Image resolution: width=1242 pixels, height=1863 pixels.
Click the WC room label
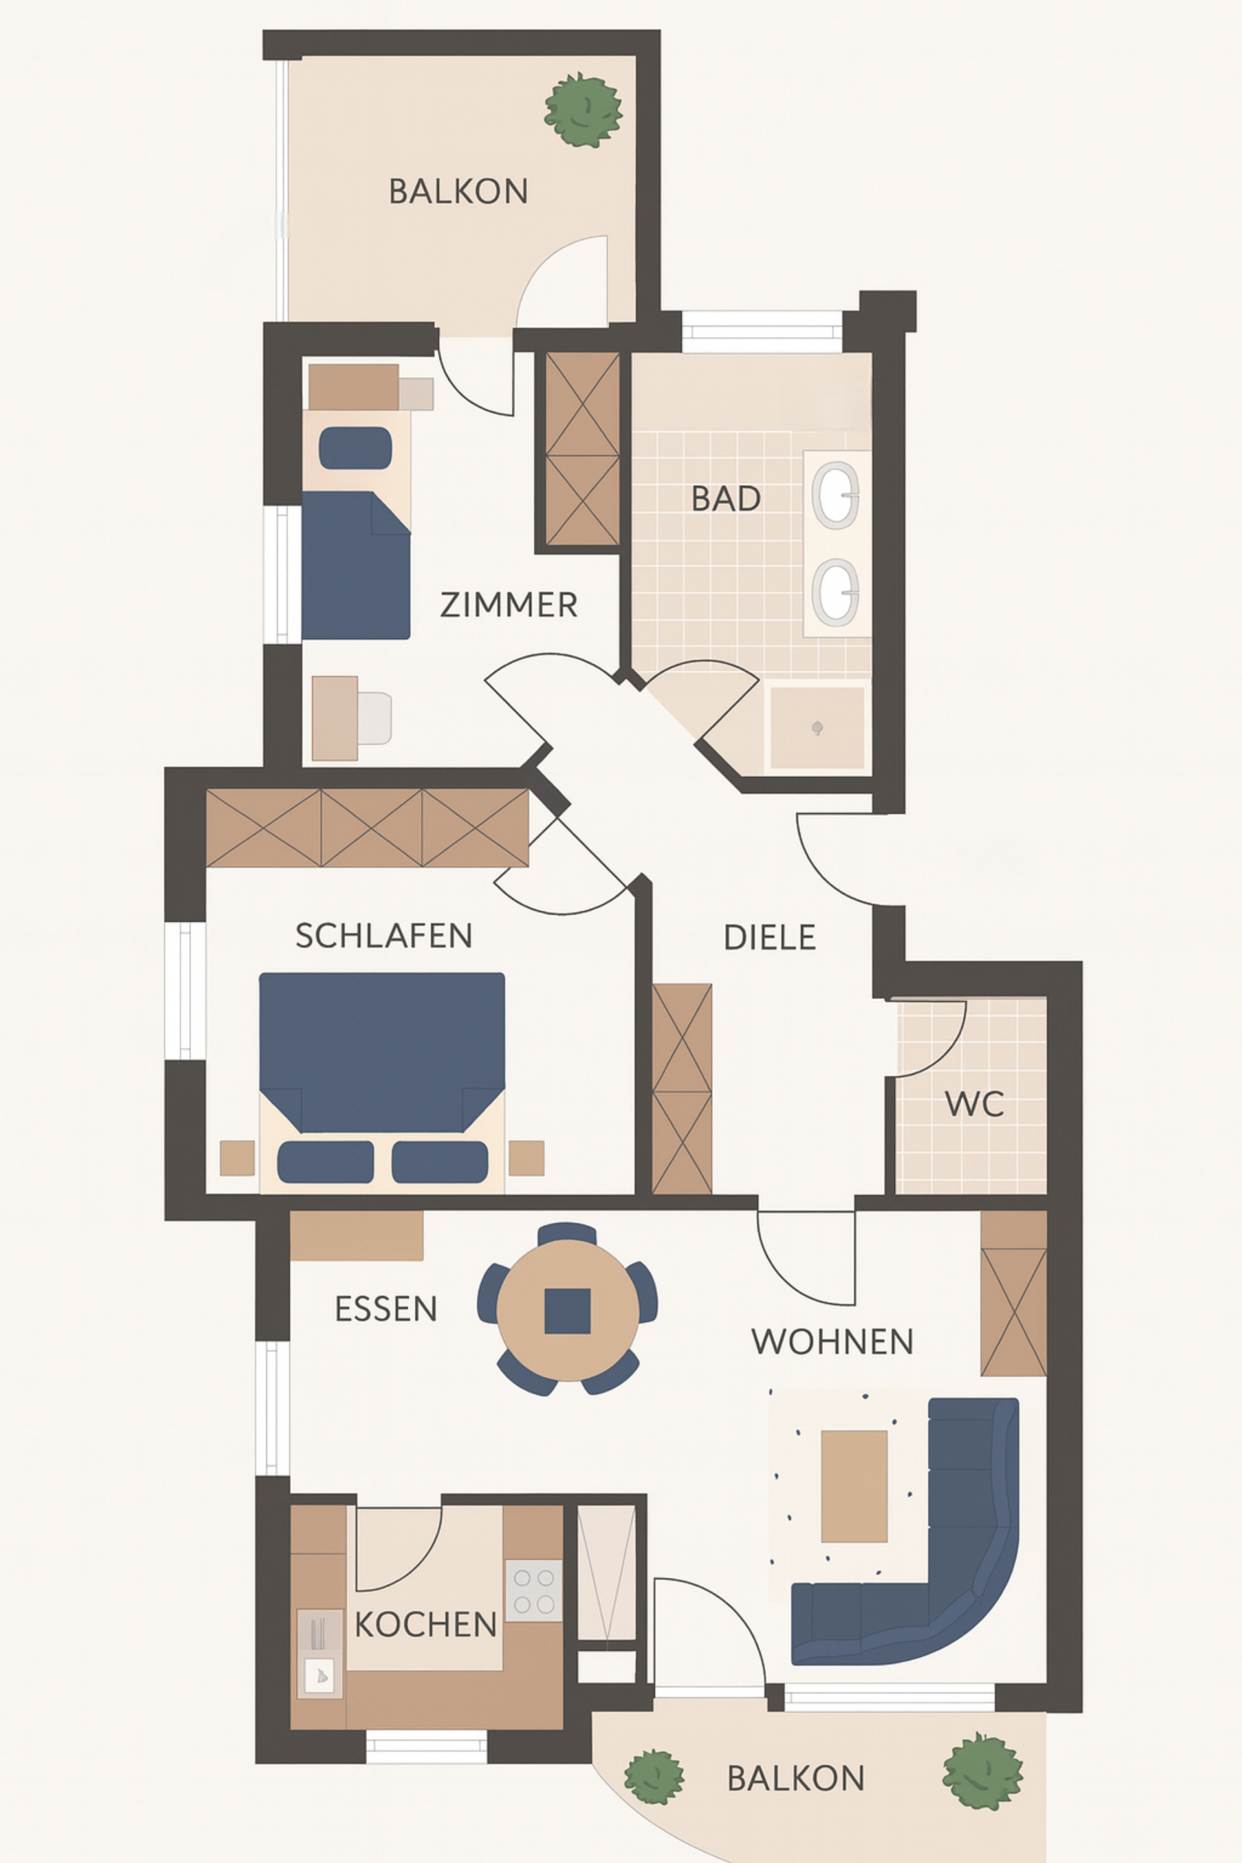click(974, 1104)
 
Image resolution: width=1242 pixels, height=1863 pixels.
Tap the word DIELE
click(769, 937)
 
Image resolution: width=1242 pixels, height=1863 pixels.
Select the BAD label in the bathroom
click(726, 498)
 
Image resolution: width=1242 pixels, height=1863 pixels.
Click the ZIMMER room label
click(508, 605)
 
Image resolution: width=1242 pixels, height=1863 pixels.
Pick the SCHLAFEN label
click(384, 935)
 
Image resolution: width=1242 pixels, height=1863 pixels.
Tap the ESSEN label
click(386, 1309)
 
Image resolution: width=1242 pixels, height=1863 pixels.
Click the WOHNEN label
click(833, 1341)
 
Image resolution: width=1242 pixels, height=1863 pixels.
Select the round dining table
click(567, 1310)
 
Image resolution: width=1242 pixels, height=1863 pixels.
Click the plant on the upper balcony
click(583, 109)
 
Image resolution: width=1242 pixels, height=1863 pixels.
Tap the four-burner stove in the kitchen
click(534, 1591)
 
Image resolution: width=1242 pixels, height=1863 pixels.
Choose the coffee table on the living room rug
click(854, 1486)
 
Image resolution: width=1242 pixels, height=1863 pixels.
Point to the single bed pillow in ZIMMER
click(355, 448)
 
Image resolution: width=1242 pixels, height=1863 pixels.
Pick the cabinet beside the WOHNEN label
click(1014, 1294)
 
